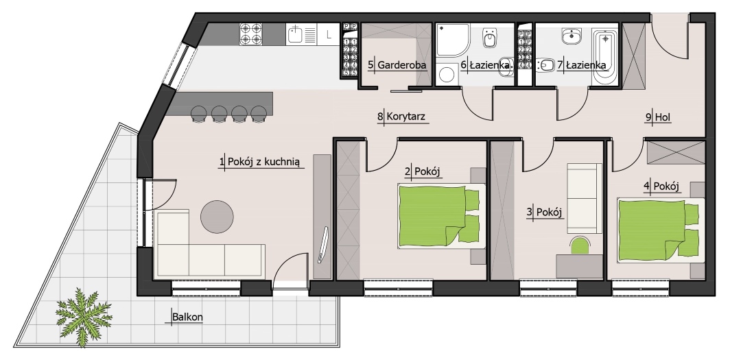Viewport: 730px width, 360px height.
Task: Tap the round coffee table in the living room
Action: pyautogui.click(x=217, y=217)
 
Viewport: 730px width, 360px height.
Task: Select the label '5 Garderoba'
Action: pyautogui.click(x=397, y=65)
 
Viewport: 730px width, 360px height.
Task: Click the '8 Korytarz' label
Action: pyautogui.click(x=401, y=117)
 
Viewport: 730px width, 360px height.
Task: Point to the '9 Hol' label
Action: pyautogui.click(x=658, y=117)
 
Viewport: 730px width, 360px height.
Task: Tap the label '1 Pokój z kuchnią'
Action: pyautogui.click(x=260, y=162)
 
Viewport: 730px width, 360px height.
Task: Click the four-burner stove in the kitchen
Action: pyautogui.click(x=251, y=34)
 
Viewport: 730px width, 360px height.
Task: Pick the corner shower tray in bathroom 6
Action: pyautogui.click(x=452, y=40)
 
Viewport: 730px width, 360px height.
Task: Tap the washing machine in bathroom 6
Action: pyautogui.click(x=447, y=75)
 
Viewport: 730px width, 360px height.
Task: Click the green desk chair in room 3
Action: pyautogui.click(x=580, y=245)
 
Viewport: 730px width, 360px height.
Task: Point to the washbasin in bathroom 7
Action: pyautogui.click(x=571, y=36)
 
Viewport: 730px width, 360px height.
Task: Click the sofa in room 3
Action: pyautogui.click(x=585, y=198)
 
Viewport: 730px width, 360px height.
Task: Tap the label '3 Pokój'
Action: pyautogui.click(x=545, y=212)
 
